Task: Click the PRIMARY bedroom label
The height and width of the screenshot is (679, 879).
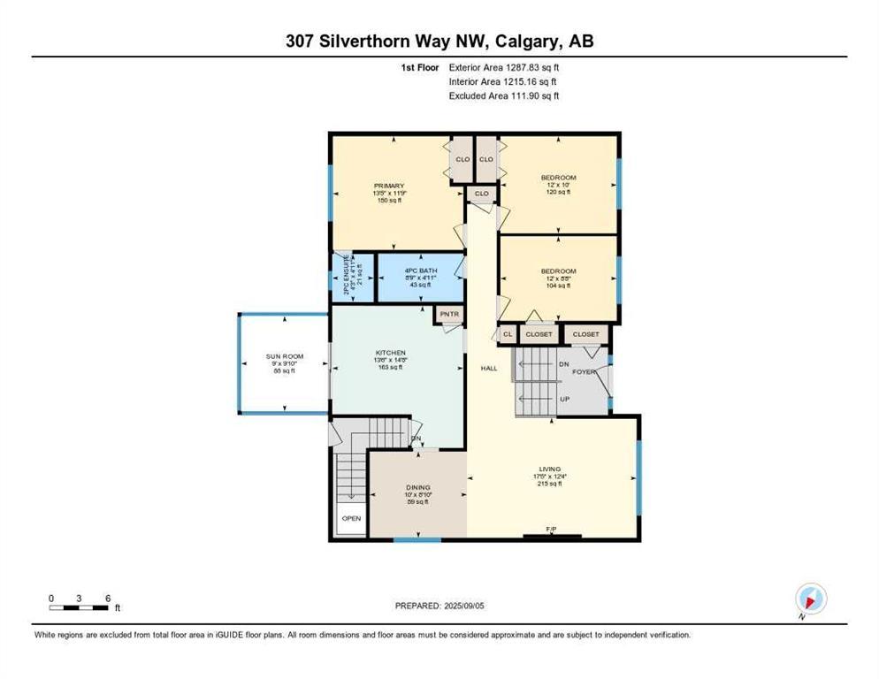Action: pos(388,186)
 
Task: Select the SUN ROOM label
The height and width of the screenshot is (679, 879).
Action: pos(285,357)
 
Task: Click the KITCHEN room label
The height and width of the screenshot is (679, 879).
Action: pos(389,351)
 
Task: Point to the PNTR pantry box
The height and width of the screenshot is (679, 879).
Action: pos(448,313)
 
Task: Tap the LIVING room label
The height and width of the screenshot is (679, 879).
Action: pos(550,469)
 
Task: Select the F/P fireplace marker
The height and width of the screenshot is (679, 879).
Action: pos(551,530)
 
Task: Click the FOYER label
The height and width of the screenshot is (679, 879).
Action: pos(584,372)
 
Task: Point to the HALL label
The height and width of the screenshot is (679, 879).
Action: pos(489,368)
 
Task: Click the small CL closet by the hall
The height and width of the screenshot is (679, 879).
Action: pos(507,334)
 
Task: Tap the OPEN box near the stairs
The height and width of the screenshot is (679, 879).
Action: pos(351,518)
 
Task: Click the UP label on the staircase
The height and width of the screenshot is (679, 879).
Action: pos(564,399)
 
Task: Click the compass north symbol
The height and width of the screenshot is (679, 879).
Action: pos(810,599)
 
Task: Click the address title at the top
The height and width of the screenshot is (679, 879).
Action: pos(439,42)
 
